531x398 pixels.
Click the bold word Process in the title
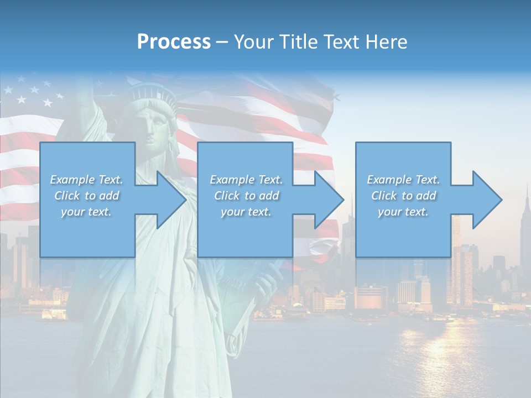(x=174, y=42)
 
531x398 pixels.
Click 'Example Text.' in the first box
(x=86, y=180)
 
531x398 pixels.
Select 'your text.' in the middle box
(x=246, y=212)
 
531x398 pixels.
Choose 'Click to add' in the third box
(x=403, y=196)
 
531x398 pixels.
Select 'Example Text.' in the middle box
(x=246, y=180)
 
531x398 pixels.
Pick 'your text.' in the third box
(x=403, y=212)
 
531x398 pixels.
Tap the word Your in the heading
(x=252, y=42)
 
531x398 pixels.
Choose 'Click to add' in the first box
(x=86, y=196)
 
